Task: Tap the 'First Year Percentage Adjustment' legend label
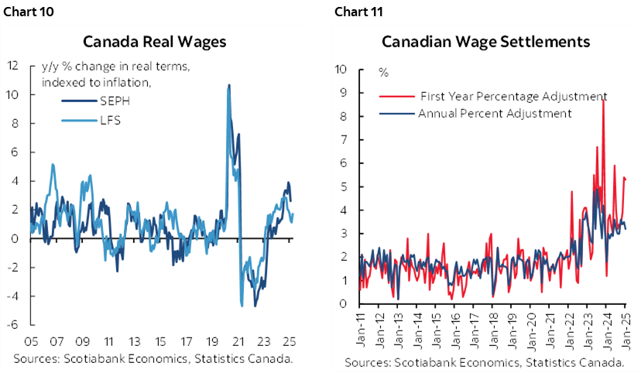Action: pyautogui.click(x=513, y=97)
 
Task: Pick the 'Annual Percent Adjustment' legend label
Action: pyautogui.click(x=495, y=113)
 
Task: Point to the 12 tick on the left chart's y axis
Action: pyautogui.click(x=12, y=66)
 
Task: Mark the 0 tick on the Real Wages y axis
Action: pyautogui.click(x=15, y=238)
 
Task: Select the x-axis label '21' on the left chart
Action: pyautogui.click(x=239, y=341)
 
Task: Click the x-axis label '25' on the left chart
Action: pyautogui.click(x=290, y=341)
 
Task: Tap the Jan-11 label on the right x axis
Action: pyautogui.click(x=362, y=325)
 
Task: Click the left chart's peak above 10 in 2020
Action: pyautogui.click(x=228, y=85)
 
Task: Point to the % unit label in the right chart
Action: pyautogui.click(x=383, y=73)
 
